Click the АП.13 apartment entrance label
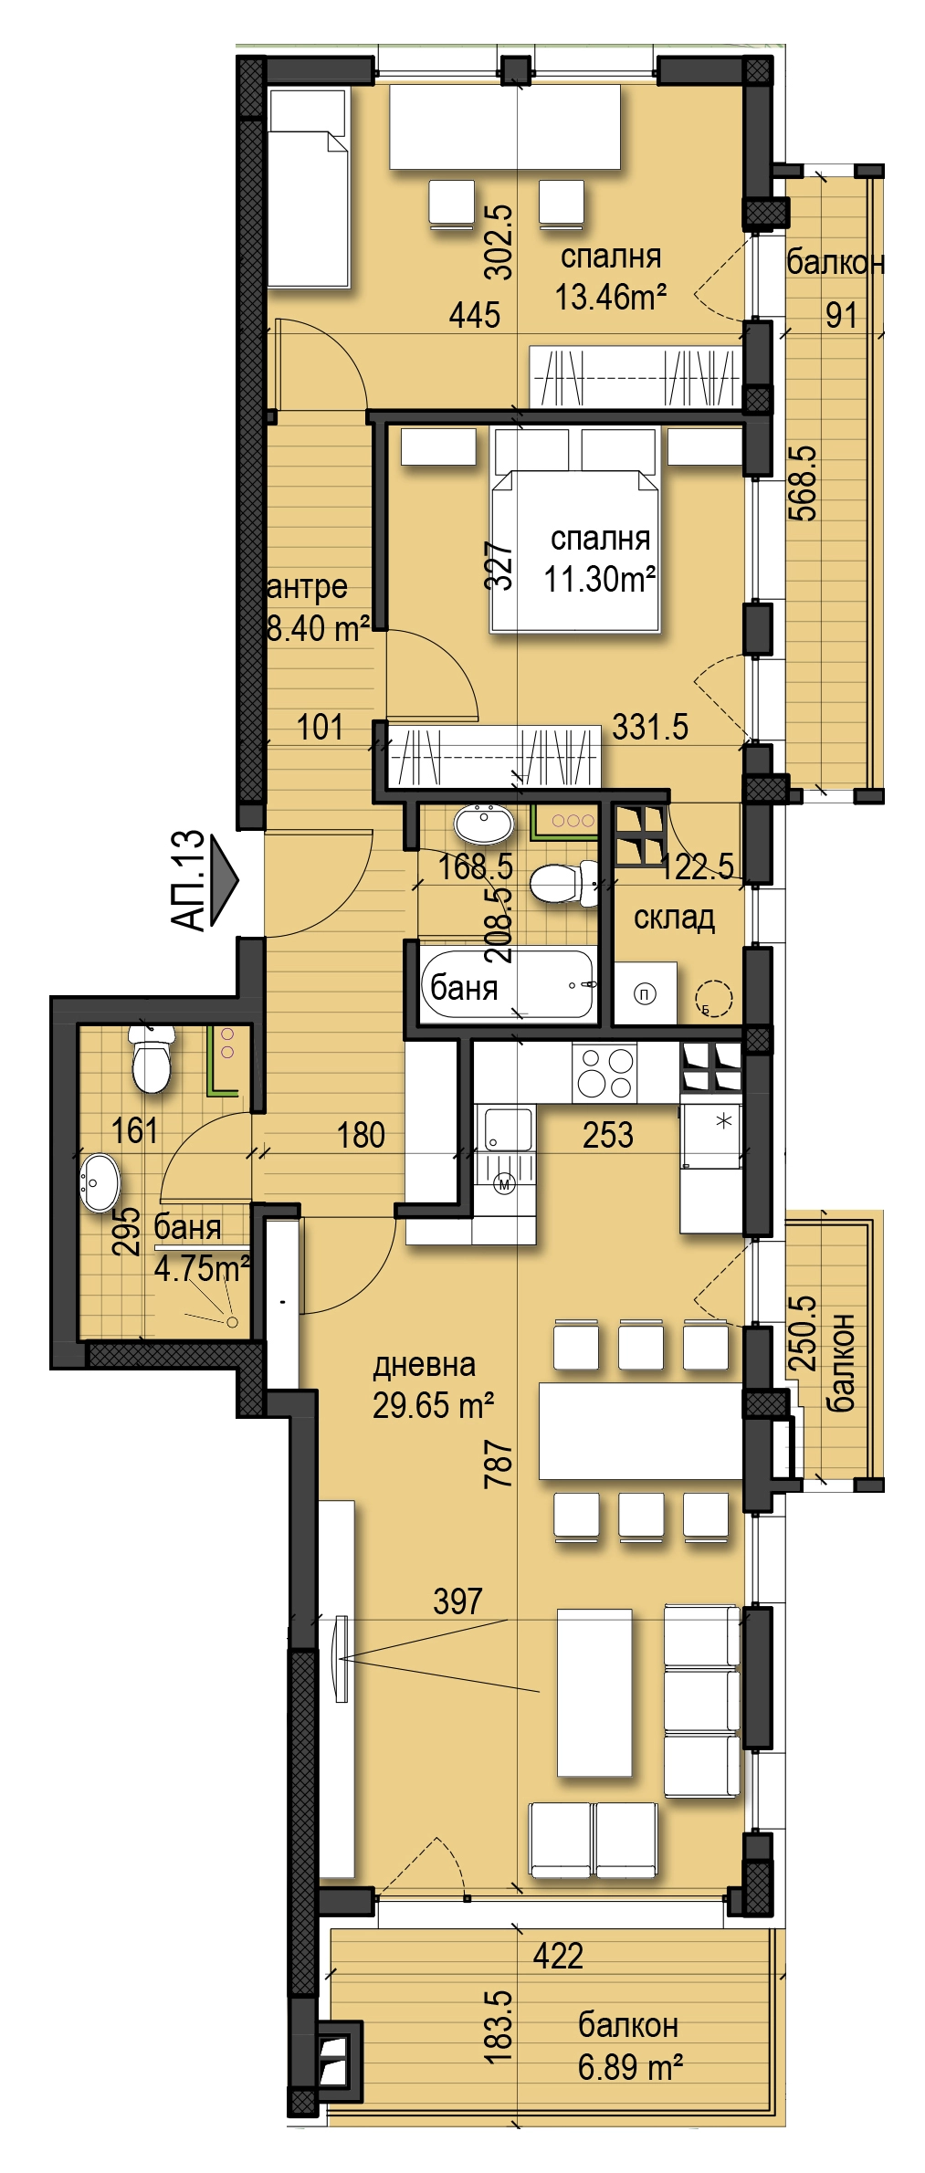(187, 880)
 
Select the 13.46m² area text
(611, 296)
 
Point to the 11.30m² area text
(600, 578)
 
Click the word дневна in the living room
(424, 1365)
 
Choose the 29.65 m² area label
(433, 1405)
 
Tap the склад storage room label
(674, 918)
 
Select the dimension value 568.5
(803, 483)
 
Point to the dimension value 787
(499, 1464)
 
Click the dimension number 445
(475, 315)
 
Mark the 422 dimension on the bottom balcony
(558, 1956)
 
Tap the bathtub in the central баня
(508, 983)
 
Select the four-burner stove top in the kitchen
(604, 1072)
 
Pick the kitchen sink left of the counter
(507, 1129)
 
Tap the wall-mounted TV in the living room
(342, 1659)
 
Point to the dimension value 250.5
(803, 1333)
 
